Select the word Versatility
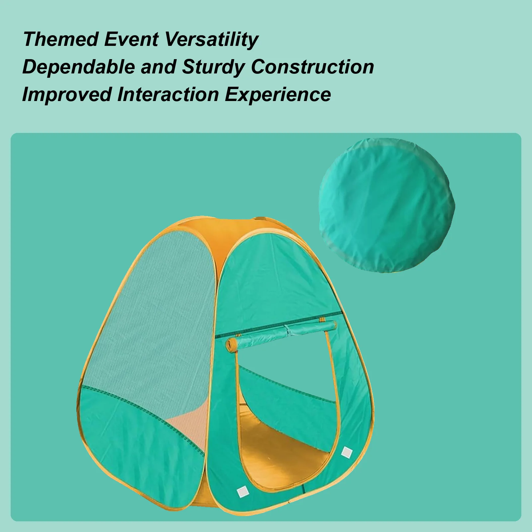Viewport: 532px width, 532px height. pos(212,39)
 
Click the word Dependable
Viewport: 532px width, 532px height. pos(78,67)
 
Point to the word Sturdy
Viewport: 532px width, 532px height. pos(213,67)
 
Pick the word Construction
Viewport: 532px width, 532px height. pos(312,67)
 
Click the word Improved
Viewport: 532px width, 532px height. pos(66,94)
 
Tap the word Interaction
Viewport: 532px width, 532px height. pos(168,94)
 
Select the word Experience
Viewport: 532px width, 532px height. pos(278,94)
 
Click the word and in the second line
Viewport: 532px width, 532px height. pos(159,67)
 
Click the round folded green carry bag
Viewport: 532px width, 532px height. pos(386,205)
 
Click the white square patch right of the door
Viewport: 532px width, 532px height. pos(347,452)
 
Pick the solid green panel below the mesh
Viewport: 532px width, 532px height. pos(133,445)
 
